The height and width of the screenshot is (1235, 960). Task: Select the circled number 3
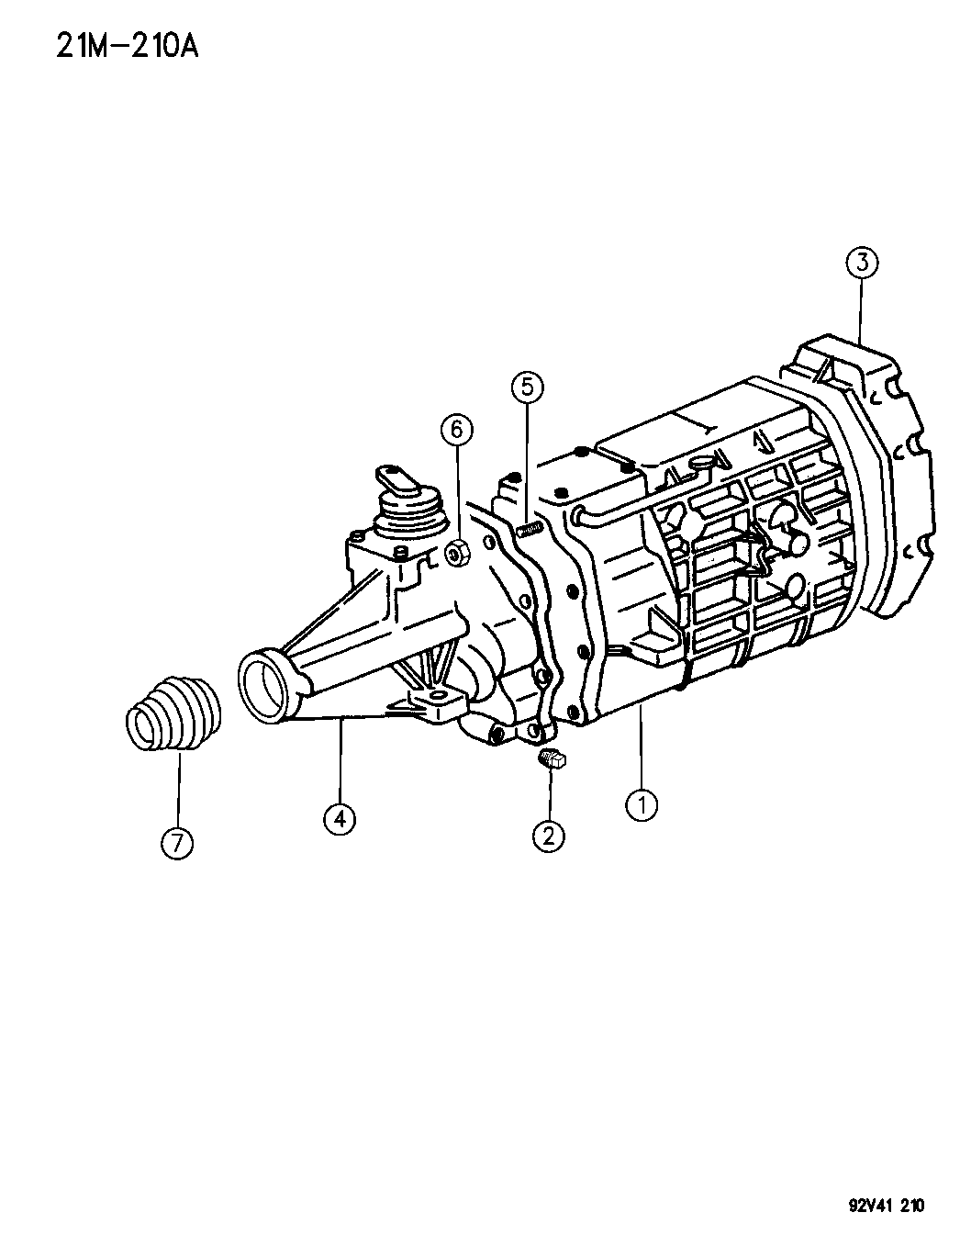(x=862, y=263)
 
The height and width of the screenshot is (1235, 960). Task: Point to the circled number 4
(x=340, y=819)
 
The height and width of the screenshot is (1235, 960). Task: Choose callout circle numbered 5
(x=527, y=387)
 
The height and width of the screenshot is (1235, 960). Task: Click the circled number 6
(x=457, y=431)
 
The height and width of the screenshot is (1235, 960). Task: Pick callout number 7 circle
(x=176, y=843)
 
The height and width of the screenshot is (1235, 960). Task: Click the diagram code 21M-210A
(x=128, y=46)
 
